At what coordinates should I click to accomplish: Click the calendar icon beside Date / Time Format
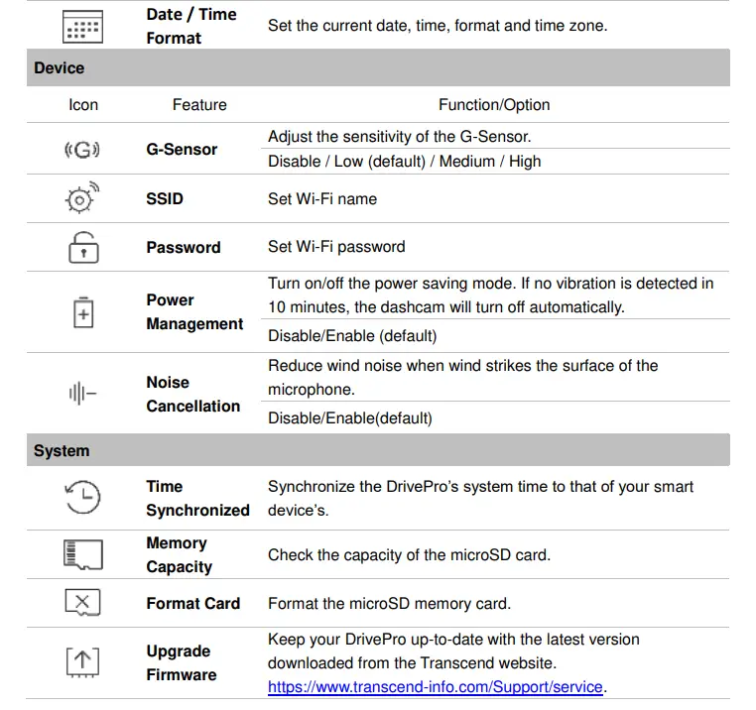click(83, 27)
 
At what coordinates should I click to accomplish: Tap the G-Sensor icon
click(83, 151)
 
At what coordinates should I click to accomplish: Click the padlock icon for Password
click(83, 248)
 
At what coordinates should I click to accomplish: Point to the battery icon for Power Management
click(83, 312)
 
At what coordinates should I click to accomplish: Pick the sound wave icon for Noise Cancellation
click(83, 394)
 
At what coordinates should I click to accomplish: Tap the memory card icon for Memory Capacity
click(83, 555)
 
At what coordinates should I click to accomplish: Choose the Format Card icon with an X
click(83, 602)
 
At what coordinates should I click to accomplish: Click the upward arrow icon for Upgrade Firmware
click(83, 662)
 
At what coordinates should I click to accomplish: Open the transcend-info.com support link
click(436, 686)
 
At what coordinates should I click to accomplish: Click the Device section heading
click(60, 68)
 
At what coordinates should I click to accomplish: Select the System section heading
click(62, 451)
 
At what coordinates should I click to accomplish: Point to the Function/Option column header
click(494, 105)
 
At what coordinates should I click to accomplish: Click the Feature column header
click(199, 105)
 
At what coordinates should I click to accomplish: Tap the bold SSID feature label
click(165, 198)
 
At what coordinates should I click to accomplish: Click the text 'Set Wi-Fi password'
click(336, 247)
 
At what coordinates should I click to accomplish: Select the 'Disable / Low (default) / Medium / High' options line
click(404, 162)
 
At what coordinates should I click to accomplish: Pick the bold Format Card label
click(192, 603)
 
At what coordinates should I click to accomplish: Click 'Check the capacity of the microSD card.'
click(408, 555)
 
